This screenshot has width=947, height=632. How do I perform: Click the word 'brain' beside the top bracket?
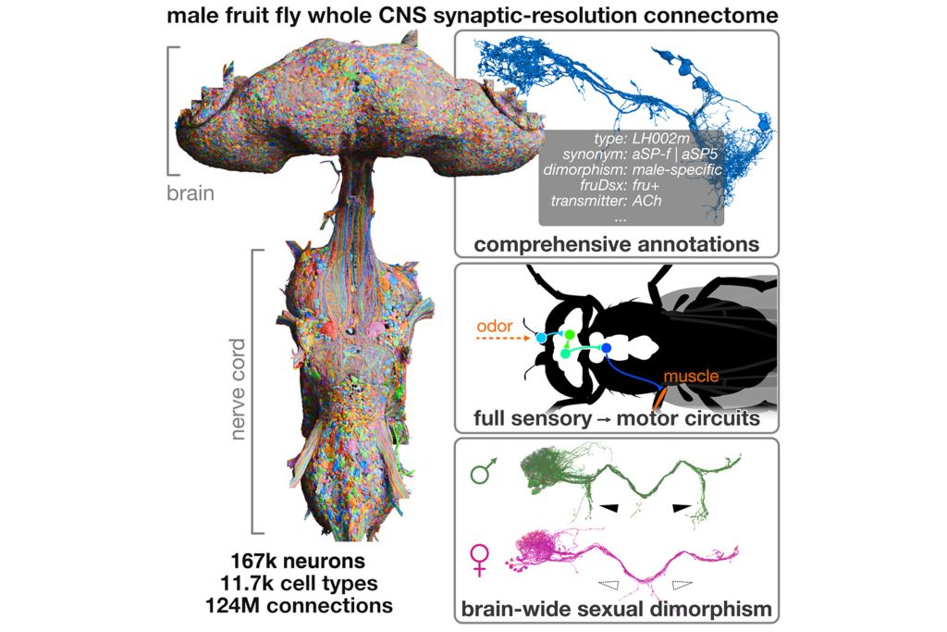coord(191,192)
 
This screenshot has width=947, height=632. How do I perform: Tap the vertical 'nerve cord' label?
coord(238,390)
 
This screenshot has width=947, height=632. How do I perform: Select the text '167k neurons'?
coord(298,561)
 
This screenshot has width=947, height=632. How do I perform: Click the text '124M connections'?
coord(299,605)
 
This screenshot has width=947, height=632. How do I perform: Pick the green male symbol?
coord(483,470)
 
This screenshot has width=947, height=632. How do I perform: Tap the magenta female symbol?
coord(480,560)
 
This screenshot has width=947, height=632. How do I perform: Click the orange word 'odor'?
coord(495,327)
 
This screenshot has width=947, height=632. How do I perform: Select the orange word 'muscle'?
coord(691,376)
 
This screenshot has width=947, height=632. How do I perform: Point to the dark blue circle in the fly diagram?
coord(607,347)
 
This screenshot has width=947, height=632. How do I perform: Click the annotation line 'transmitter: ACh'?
coord(606,201)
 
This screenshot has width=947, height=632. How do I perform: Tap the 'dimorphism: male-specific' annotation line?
coord(633,169)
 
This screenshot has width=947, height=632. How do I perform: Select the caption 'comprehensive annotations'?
coord(616,244)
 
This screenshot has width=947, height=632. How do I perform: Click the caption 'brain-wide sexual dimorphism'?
coord(616,609)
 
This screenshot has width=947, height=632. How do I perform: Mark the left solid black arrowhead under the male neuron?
coord(609,508)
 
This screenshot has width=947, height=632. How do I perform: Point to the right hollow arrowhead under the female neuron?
coord(683,584)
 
